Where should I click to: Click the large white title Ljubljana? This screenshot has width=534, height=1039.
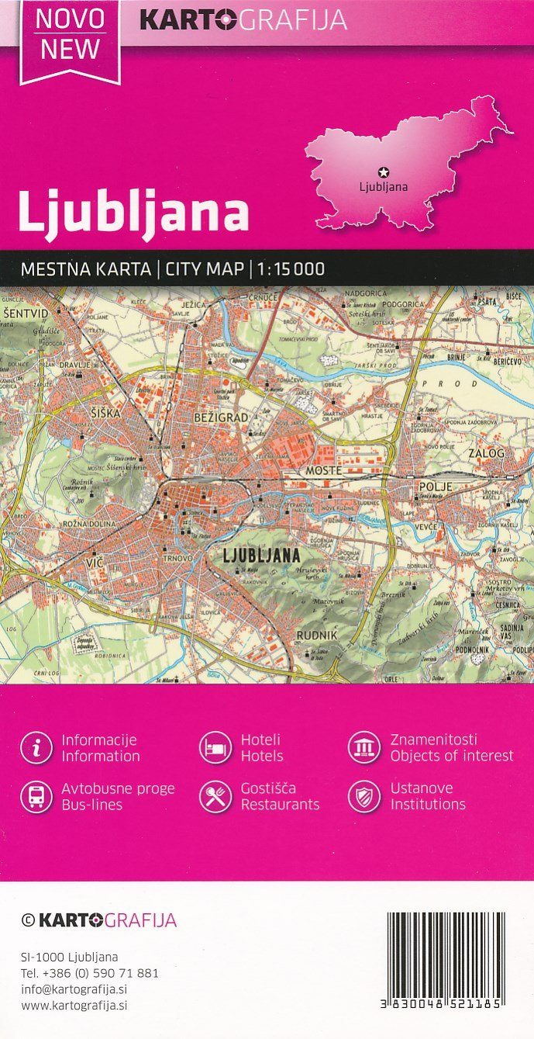(x=133, y=210)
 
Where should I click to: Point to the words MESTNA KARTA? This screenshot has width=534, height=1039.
(x=85, y=270)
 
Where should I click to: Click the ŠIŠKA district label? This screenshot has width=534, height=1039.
(x=105, y=414)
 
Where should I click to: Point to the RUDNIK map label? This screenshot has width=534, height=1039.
(x=316, y=636)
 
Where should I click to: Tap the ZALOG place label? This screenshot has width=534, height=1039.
(x=486, y=452)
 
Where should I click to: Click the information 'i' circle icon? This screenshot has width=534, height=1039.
(x=36, y=747)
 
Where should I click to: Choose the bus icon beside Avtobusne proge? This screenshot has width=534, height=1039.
(x=36, y=796)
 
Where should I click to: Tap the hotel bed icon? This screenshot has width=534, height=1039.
(x=215, y=747)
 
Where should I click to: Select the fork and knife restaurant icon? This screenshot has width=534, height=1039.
(x=215, y=796)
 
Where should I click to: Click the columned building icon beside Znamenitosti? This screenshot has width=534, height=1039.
(x=363, y=747)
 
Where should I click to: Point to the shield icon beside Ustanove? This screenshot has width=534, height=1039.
(x=363, y=796)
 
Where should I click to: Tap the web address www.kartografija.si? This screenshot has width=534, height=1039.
(x=74, y=1005)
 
